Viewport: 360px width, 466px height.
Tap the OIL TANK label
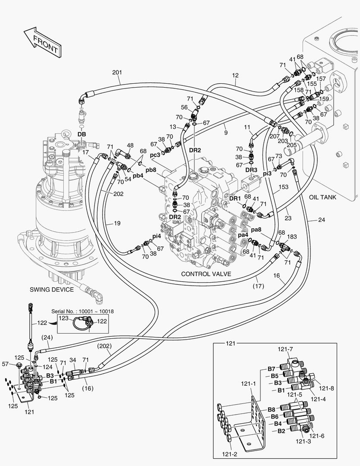tap(322, 197)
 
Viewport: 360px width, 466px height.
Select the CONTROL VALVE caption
tap(206, 274)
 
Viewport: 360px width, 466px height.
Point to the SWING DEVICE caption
tap(52, 290)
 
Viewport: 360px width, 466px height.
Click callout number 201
tap(117, 72)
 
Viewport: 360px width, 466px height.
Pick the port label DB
tap(81, 135)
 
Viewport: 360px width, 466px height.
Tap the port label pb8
tap(150, 170)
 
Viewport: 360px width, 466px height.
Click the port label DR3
tap(251, 170)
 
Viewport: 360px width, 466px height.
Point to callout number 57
tap(6, 364)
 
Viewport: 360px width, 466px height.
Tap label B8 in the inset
tap(271, 409)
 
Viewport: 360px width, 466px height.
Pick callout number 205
tap(292, 145)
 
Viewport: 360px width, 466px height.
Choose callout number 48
tap(130, 145)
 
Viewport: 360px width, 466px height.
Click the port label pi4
tap(157, 236)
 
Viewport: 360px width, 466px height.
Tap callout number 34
tap(73, 359)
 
